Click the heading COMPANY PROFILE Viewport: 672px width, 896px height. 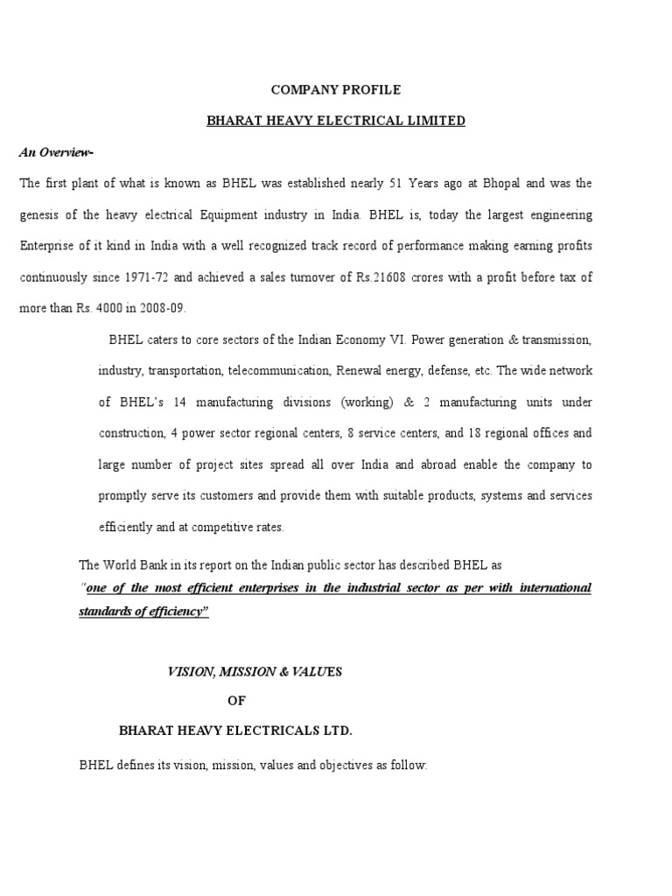[x=335, y=89]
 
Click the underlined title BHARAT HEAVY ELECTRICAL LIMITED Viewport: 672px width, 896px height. [x=336, y=121]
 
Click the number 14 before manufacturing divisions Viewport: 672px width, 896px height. [x=180, y=402]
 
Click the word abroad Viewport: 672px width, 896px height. [x=454, y=465]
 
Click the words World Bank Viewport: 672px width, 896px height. [x=137, y=565]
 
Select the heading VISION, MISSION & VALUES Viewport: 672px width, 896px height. [x=255, y=671]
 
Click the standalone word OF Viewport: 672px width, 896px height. [x=237, y=701]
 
